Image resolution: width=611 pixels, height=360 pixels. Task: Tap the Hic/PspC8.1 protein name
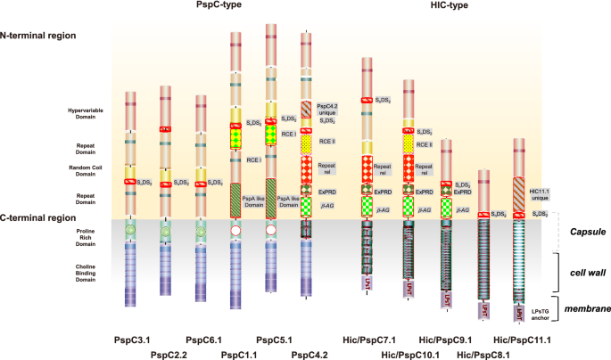(x=483, y=354)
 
